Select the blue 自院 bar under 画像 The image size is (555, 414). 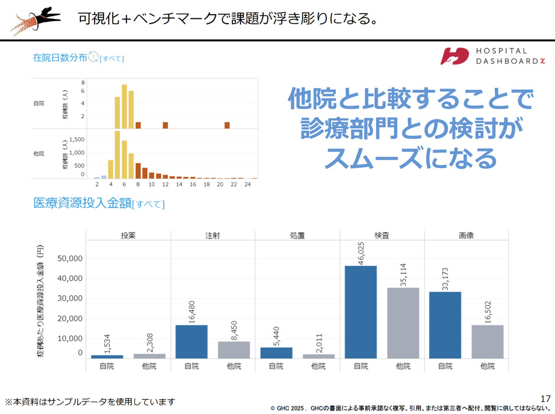pos(445,325)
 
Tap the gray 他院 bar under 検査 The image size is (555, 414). pos(403,323)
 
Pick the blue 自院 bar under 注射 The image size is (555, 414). pos(192,341)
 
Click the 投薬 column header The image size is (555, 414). pos(128,235)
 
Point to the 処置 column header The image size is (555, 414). pos(297,235)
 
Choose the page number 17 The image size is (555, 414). pos(546,397)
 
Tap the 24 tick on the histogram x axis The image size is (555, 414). pos(248,185)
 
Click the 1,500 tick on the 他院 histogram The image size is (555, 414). pos(77,140)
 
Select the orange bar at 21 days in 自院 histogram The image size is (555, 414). pos(227,125)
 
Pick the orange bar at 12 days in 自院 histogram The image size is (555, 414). pos(165,125)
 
